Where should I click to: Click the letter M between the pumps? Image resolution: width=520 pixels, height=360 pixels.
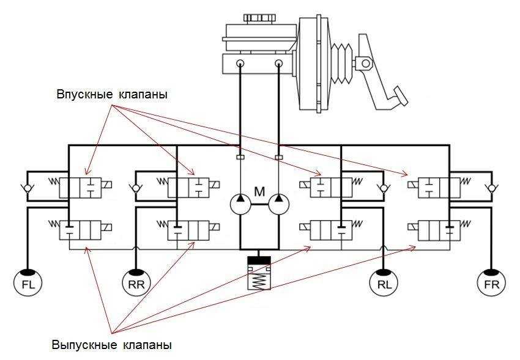[259, 192]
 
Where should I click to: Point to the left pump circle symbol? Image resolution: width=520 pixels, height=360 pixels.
[240, 203]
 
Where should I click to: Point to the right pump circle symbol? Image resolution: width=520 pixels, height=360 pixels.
[280, 203]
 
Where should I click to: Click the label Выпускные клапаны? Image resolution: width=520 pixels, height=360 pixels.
[112, 344]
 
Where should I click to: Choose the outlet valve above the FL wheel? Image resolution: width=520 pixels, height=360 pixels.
[81, 232]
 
